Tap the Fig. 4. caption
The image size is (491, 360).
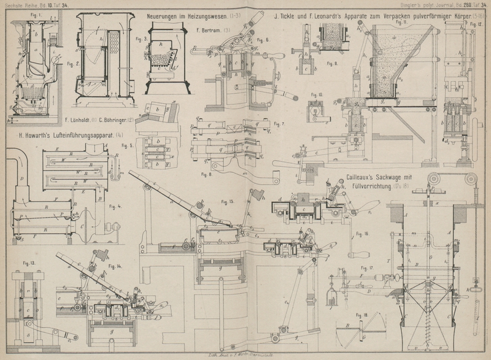pyautogui.click(x=115, y=206)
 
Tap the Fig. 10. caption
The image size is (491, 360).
pyautogui.click(x=317, y=95)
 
